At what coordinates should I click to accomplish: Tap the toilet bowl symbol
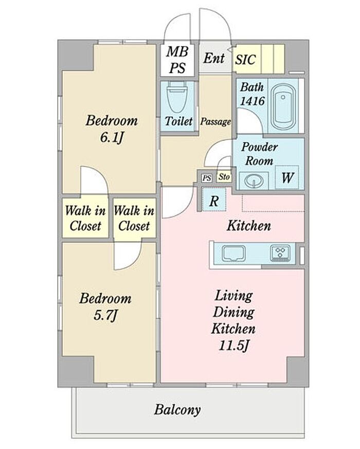(177, 97)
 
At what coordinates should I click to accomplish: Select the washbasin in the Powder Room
(254, 181)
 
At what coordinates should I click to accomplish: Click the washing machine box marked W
(287, 177)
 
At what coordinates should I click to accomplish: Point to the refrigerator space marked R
(214, 200)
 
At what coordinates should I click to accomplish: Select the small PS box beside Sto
(207, 178)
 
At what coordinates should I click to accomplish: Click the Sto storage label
(224, 177)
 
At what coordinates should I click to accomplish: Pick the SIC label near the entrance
(245, 60)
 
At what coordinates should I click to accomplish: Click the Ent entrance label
(213, 58)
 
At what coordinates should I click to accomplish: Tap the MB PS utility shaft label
(177, 60)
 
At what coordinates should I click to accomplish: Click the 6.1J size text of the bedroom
(112, 138)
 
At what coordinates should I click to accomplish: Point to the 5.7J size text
(105, 316)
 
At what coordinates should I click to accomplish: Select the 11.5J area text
(233, 346)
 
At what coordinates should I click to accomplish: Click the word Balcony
(177, 410)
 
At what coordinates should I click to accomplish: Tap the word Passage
(215, 122)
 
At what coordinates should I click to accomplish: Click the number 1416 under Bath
(253, 101)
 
